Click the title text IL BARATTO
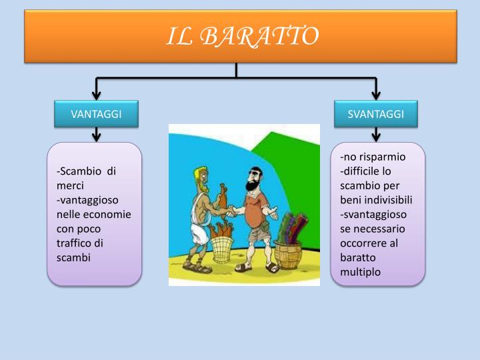tap(241, 36)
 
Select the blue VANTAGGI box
tap(96, 114)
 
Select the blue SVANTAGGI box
tap(376, 114)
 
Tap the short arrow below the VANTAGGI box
tap(97, 134)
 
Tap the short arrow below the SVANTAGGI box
tap(376, 134)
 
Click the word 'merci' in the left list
tap(70, 185)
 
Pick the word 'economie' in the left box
tap(107, 214)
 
